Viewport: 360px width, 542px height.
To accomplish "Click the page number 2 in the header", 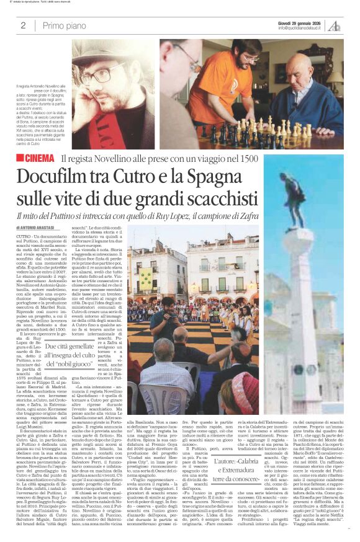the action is tap(22, 26).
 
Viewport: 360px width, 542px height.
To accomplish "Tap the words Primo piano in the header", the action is tap(63, 26).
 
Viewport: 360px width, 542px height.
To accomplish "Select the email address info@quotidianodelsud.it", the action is tap(302, 28).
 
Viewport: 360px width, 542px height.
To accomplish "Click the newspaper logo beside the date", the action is tap(335, 25).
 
